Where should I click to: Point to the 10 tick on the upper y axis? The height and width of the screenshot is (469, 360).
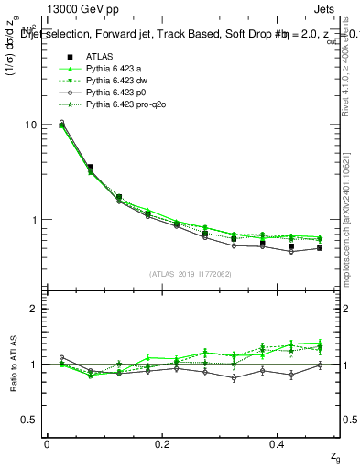point(30,125)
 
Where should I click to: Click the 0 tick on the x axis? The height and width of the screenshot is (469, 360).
point(47,443)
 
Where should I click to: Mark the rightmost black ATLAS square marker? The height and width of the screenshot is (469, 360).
point(320,248)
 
